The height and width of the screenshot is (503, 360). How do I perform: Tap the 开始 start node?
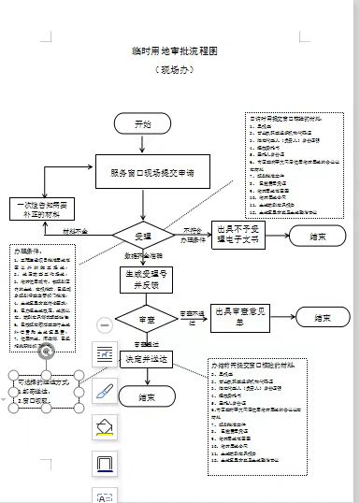pyautogui.click(x=142, y=123)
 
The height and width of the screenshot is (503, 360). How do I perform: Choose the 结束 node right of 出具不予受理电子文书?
pyautogui.click(x=318, y=237)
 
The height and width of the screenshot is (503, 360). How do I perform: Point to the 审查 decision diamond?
pyautogui.click(x=142, y=319)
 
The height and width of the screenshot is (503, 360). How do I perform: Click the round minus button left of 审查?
pyautogui.click(x=105, y=324)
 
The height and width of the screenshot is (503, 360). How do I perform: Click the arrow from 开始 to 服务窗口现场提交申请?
pyautogui.click(x=142, y=145)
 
